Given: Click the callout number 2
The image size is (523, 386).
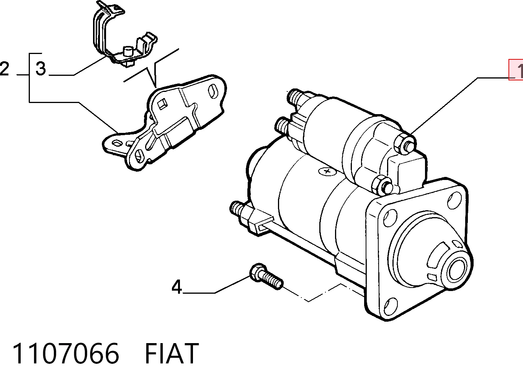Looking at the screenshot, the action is pos(5,69).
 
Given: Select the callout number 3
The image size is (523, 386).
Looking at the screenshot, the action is pos(41,69).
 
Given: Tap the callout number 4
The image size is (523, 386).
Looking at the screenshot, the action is pos(177,287).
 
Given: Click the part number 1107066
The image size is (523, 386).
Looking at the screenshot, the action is pos(66,353).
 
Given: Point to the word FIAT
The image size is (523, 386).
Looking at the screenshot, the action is pos(172,353).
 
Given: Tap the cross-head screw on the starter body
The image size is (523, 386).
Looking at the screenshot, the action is pos(327,171).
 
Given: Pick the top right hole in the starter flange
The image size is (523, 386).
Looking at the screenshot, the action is pos(454,200).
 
